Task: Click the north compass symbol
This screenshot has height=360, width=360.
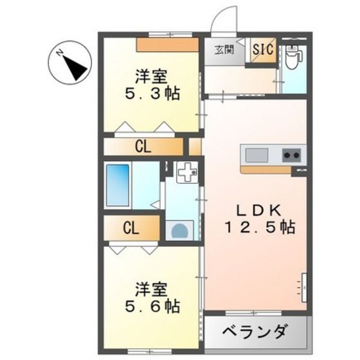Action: (x=70, y=63)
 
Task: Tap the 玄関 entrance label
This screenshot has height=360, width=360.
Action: (x=224, y=50)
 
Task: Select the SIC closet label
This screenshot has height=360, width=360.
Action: (x=263, y=49)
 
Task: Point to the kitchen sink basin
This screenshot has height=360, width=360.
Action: (x=256, y=155)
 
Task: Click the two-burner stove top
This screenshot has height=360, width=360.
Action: (x=291, y=156)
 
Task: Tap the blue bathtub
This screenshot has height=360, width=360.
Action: (x=118, y=185)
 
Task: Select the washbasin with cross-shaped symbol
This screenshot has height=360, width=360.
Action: (x=187, y=172)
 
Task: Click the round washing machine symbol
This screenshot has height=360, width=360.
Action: (x=179, y=231)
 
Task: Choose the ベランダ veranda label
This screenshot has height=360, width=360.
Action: (x=255, y=332)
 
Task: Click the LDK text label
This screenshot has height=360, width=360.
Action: (x=259, y=210)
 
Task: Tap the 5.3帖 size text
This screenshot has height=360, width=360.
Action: (x=152, y=93)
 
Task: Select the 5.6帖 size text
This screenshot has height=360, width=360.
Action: (x=152, y=306)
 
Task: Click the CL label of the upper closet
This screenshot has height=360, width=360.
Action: (x=143, y=147)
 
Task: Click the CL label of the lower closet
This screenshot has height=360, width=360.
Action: (x=131, y=228)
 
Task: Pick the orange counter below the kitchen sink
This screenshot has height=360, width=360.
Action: (x=265, y=170)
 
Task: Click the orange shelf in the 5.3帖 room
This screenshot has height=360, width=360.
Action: (x=167, y=44)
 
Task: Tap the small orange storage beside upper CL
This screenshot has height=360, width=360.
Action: (x=195, y=147)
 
